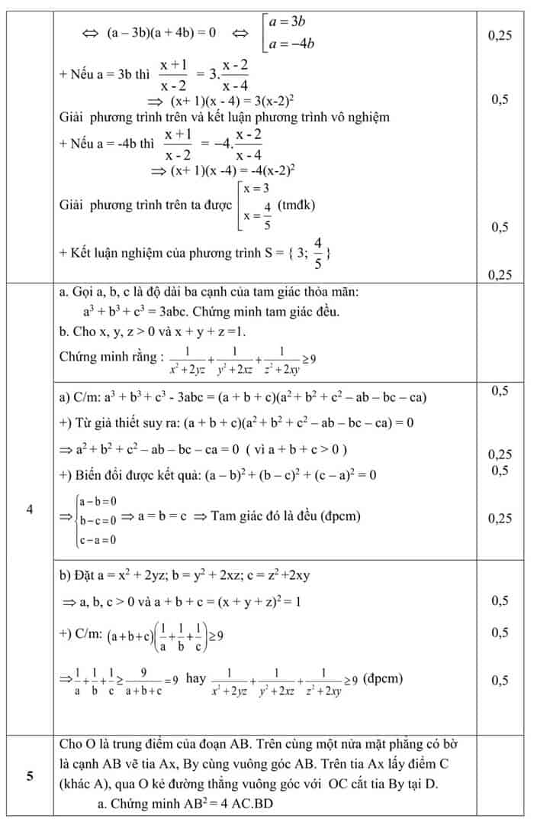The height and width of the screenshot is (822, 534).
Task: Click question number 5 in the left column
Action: pyautogui.click(x=29, y=778)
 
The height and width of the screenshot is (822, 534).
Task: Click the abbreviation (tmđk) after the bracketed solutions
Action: pyautogui.click(x=297, y=205)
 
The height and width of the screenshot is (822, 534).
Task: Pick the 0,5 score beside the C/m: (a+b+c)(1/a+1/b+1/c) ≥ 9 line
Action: pyautogui.click(x=500, y=633)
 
